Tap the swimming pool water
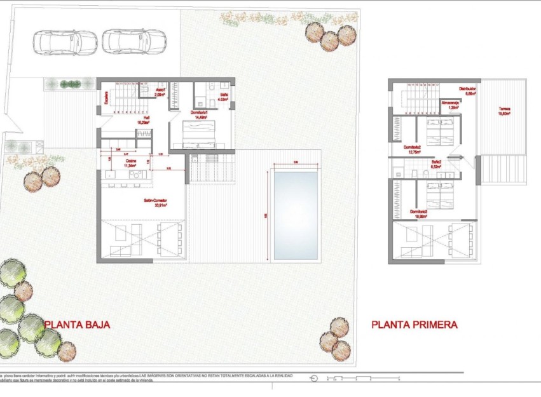tap(295, 215)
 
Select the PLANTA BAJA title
tap(77, 325)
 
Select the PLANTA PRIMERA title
tap(414, 325)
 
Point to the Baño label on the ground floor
tap(223, 97)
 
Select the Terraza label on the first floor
tap(503, 111)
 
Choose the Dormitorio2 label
tap(413, 149)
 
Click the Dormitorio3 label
tap(418, 213)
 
